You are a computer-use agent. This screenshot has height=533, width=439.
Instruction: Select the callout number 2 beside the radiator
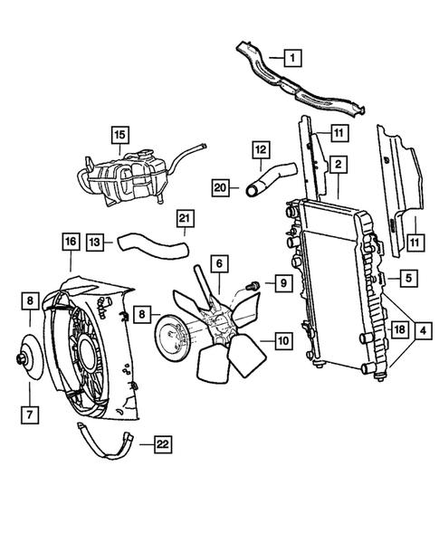click(338, 165)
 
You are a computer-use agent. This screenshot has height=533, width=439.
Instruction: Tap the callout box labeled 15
click(119, 137)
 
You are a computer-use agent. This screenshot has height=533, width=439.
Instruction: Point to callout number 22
click(163, 444)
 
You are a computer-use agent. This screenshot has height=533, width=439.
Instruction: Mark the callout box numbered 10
click(282, 342)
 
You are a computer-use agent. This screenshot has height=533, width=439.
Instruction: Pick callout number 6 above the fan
click(218, 263)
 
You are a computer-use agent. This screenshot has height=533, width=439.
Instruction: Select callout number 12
click(260, 148)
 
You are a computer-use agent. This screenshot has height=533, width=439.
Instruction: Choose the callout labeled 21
click(185, 219)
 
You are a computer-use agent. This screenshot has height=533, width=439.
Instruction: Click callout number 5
click(409, 279)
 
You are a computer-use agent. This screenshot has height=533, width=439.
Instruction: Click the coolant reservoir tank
click(127, 176)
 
